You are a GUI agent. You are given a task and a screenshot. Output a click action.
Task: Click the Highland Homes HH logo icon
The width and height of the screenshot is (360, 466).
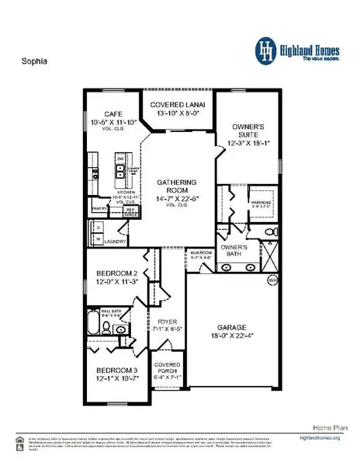(268, 48)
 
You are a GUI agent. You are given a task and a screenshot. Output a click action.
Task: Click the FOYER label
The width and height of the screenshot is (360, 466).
(168, 327)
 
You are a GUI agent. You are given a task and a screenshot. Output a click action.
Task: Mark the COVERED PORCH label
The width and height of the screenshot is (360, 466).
(168, 368)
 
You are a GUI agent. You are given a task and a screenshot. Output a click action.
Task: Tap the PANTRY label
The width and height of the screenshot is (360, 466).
(99, 208)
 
